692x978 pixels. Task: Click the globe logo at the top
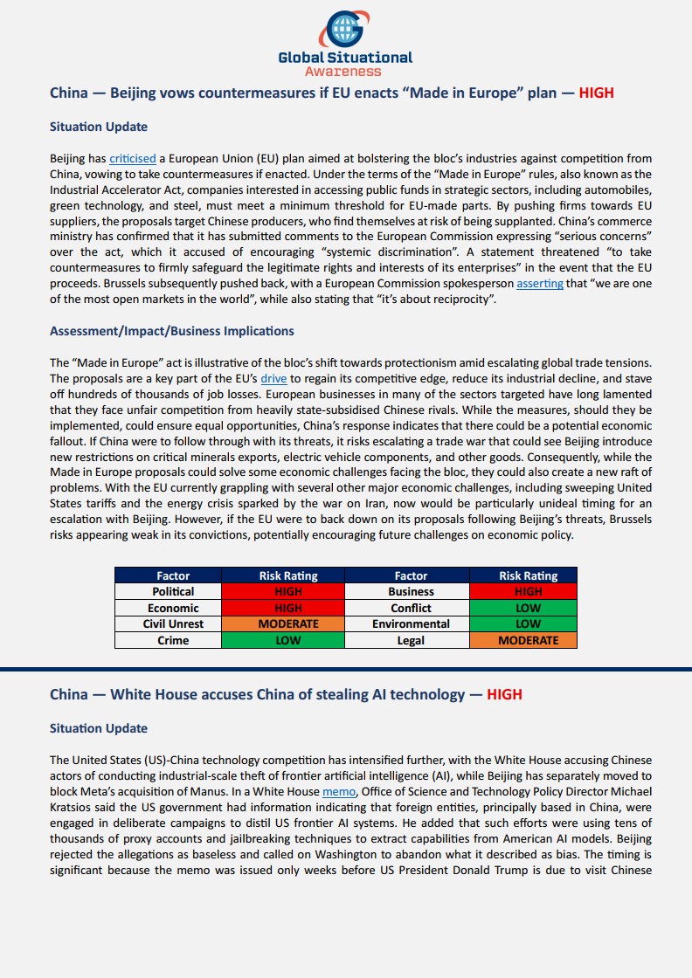coord(345,29)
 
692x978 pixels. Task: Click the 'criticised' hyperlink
coord(133,159)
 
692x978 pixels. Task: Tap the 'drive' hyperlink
coord(273,379)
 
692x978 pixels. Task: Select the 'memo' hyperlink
coord(339,791)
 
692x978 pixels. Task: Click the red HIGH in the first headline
coord(597,93)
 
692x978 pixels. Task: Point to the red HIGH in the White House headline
coord(504,695)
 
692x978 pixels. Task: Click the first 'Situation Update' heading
coord(99,127)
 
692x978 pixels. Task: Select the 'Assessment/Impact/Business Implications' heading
coord(171,331)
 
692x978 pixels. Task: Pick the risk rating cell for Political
coord(288,592)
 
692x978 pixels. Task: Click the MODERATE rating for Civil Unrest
coord(288,624)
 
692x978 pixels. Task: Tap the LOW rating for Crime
coord(288,640)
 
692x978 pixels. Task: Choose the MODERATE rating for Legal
coord(528,640)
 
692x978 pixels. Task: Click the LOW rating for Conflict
coord(528,608)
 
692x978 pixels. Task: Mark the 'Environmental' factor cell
coord(411,624)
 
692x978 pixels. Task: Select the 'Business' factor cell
coord(411,592)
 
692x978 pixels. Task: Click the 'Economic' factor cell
coord(173,608)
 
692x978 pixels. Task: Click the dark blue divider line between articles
coord(346,669)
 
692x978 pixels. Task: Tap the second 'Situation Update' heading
coord(99,728)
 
